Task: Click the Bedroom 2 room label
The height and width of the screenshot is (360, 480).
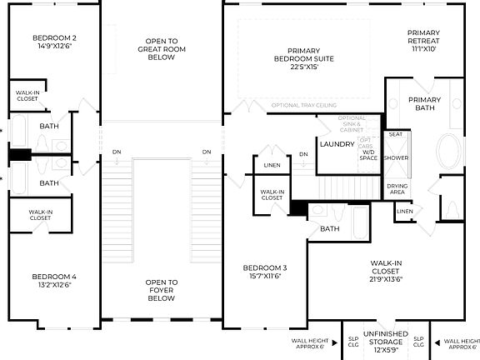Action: pos(55,38)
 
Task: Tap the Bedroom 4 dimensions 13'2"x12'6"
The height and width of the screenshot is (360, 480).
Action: pos(55,285)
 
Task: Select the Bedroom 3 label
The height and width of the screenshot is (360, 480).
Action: pos(265,268)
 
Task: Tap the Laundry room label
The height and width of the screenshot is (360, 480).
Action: pos(337,144)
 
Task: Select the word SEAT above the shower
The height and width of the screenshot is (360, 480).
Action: pos(396,134)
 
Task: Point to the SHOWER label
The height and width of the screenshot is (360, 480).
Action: pos(396,157)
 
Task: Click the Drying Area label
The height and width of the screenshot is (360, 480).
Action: pos(397,189)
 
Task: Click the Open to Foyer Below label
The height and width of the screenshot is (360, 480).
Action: pos(161,290)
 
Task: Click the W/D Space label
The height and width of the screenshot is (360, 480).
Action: pos(368,155)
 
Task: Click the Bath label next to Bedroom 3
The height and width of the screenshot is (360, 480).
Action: pos(330,228)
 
